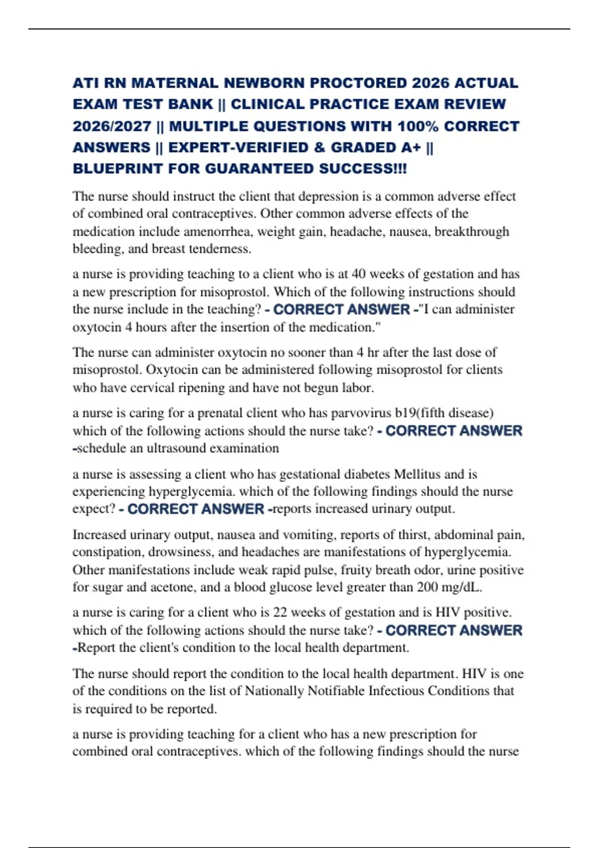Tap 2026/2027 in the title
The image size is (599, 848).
coord(112,126)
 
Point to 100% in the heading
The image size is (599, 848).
coord(418,126)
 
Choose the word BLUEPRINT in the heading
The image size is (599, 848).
coord(118,169)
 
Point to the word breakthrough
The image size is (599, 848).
coord(472,232)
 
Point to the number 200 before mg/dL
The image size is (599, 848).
coord(427,588)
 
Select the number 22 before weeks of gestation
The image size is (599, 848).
coord(280,613)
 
